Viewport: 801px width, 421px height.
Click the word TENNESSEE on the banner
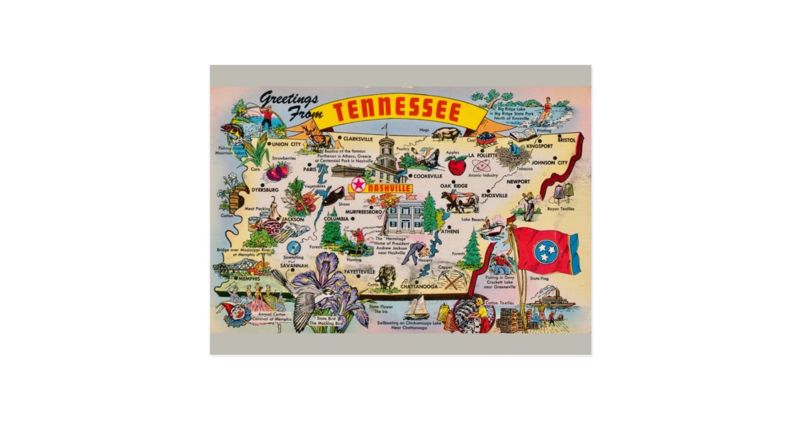tap(398, 111)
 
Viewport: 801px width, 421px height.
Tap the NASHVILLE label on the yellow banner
tap(389, 189)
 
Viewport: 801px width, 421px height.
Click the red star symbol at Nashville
tap(359, 185)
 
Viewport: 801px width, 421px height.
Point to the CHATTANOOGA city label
tap(419, 287)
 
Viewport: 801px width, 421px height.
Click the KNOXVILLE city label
tap(495, 195)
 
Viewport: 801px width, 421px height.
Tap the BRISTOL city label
tap(566, 140)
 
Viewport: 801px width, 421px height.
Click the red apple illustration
tap(457, 164)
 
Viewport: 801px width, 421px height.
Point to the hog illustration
tap(445, 134)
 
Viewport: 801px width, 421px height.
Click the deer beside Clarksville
tap(318, 141)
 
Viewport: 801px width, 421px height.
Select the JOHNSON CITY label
tap(549, 162)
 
